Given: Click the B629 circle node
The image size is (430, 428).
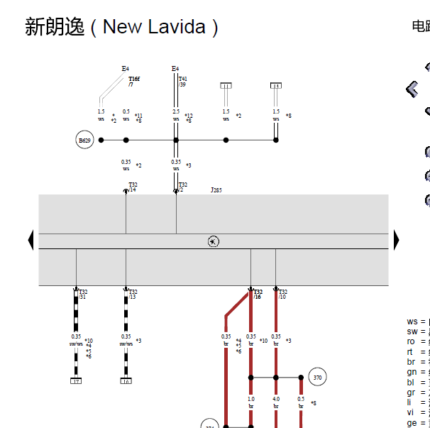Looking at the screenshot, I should tap(84, 141).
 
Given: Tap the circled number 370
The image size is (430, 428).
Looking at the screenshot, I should tap(317, 378).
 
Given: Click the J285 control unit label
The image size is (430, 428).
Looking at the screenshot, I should tap(216, 190).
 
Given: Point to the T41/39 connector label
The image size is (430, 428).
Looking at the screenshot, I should tap(182, 82).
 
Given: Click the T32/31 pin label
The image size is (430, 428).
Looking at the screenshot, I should tap(83, 294).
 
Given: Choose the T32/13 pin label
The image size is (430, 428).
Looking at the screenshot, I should tap(133, 294).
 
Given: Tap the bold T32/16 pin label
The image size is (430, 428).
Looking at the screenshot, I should tap(258, 294).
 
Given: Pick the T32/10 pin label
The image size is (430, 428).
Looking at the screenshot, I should tap(282, 294).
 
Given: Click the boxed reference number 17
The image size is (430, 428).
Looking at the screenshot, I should tap(76, 381).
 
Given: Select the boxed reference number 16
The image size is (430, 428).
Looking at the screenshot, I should tap(126, 381).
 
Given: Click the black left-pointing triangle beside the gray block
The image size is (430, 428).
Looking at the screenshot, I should tap(31, 240).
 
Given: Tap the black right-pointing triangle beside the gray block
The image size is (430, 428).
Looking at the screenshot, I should tap(397, 240).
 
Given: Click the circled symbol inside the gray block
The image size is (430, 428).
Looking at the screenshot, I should tap(214, 241).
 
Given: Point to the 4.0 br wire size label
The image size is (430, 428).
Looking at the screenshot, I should tap(276, 402).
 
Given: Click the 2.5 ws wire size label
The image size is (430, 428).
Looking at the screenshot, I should tap(176, 115).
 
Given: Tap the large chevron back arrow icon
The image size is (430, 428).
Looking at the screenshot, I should tap(412, 89).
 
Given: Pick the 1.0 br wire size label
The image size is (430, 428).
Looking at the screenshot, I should tap(251, 402).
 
